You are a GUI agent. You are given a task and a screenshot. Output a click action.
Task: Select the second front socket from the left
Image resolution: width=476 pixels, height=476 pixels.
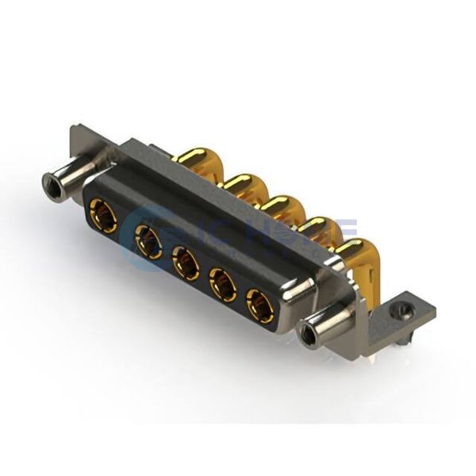148,240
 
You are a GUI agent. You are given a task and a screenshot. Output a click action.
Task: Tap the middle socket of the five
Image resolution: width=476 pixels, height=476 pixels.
186,263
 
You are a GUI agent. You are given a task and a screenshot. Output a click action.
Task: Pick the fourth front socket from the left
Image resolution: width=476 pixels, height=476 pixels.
223,284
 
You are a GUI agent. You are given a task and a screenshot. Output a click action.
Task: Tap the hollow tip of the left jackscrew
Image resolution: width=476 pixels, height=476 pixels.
52,189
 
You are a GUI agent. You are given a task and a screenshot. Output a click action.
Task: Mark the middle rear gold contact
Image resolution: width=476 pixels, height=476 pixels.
282,208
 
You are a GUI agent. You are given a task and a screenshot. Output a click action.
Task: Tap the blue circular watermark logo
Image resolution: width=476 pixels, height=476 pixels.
147,230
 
